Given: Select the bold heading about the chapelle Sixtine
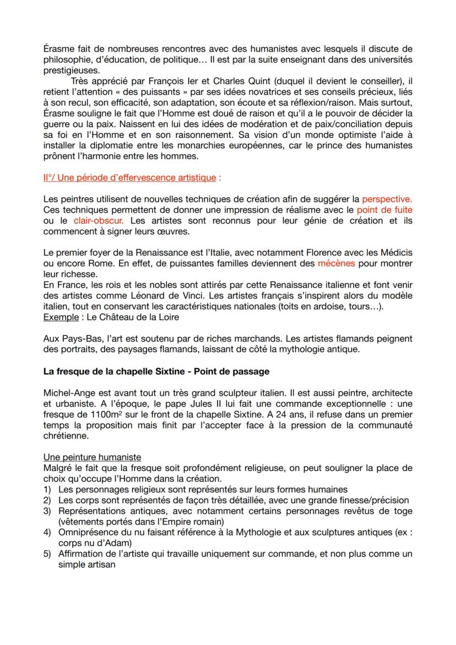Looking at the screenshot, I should click(x=156, y=371).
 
